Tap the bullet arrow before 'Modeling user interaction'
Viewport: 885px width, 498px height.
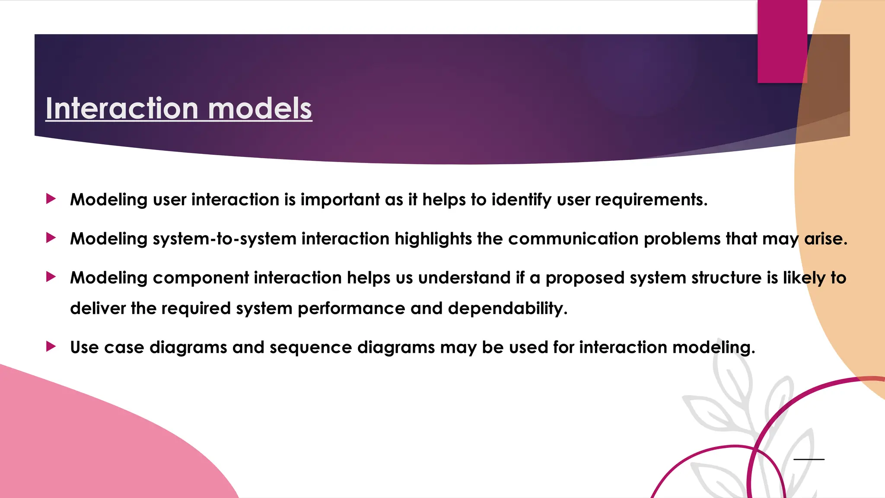51,199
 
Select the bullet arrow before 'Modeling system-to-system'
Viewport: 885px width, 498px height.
51,238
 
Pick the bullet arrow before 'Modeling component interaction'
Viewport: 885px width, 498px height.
51,277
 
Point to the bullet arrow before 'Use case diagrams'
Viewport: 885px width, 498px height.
51,346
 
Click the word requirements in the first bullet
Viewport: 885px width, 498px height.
651,200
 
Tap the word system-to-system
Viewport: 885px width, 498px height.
224,239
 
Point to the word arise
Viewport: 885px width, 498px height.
825,239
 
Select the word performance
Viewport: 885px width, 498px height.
351,309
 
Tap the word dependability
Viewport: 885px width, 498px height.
507,309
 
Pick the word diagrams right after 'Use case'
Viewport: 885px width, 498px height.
188,348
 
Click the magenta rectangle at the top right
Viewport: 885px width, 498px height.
782,41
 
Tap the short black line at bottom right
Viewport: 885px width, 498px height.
809,459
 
